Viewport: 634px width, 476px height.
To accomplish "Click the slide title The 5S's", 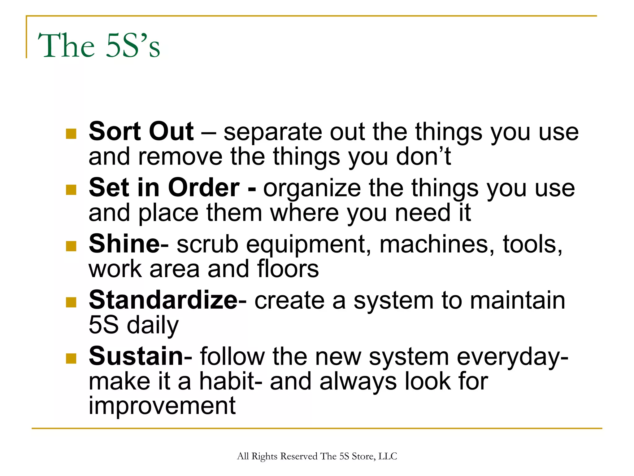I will pyautogui.click(x=99, y=46).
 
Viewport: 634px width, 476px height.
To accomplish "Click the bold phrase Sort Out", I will pyautogui.click(x=141, y=132).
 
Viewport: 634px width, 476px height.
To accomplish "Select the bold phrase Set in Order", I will pyautogui.click(x=164, y=188).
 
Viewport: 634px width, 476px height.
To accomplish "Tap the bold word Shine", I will pyautogui.click(x=124, y=244).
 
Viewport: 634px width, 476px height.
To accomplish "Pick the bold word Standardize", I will pyautogui.click(x=163, y=300).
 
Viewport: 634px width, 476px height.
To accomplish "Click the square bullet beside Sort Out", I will pyautogui.click(x=71, y=134).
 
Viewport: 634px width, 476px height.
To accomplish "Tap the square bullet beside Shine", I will pyautogui.click(x=71, y=246).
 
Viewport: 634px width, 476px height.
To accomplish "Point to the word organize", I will pyautogui.click(x=312, y=189).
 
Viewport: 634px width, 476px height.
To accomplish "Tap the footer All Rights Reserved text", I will pyautogui.click(x=317, y=456).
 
